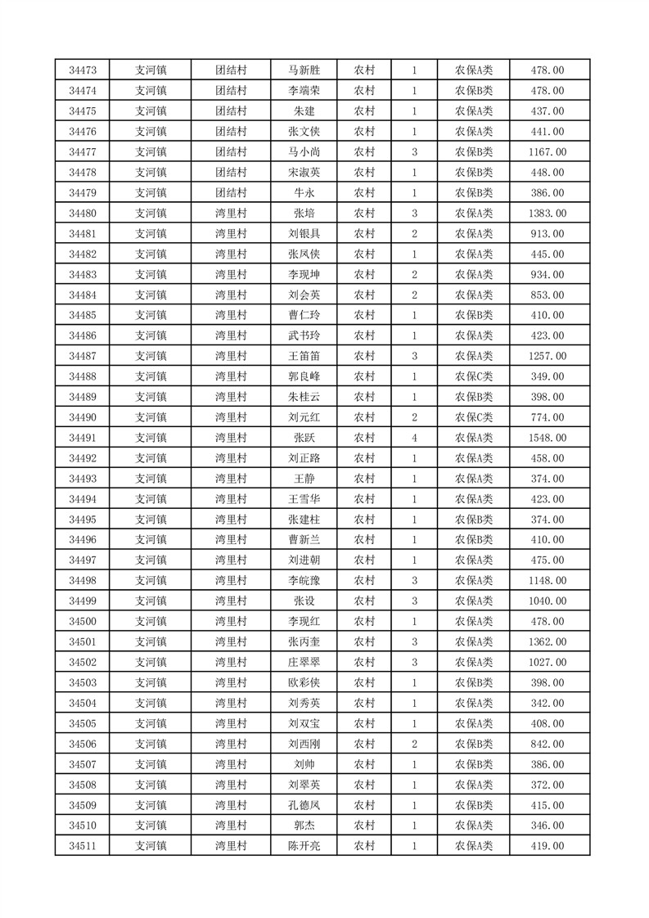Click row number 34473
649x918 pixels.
(x=83, y=70)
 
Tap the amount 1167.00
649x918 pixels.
(x=547, y=152)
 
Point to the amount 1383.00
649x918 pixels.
(x=547, y=214)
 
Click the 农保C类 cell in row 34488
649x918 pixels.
(x=473, y=376)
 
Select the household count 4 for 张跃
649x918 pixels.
(x=414, y=438)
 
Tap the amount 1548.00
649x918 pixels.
(x=547, y=438)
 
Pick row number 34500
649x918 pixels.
(x=83, y=622)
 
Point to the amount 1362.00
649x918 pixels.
(x=547, y=642)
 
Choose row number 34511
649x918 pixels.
(x=83, y=846)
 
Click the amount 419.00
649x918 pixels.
(x=547, y=846)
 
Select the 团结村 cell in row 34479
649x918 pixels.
(x=231, y=193)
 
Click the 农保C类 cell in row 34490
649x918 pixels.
(x=473, y=417)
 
